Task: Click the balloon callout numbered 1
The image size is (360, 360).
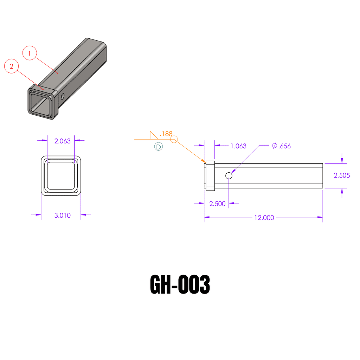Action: click(30, 53)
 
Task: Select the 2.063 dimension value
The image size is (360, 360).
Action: click(62, 141)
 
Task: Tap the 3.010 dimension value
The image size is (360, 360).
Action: click(62, 215)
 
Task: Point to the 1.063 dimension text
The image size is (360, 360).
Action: click(238, 146)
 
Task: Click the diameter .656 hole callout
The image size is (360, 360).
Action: click(282, 146)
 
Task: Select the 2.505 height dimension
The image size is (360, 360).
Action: click(342, 175)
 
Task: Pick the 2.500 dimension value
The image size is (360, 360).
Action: click(217, 204)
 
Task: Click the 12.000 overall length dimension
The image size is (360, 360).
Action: click(264, 218)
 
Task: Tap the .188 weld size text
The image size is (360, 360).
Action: click(166, 134)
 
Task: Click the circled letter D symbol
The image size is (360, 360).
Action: click(159, 147)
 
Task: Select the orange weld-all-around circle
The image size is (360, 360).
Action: click(174, 140)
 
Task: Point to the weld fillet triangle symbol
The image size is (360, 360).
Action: click(153, 135)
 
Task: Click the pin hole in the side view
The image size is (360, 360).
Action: click(229, 175)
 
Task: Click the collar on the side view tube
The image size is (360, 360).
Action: click(210, 176)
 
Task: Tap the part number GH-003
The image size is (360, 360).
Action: click(180, 285)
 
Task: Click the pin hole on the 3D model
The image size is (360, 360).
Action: click(62, 96)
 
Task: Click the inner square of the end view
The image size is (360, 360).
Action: click(61, 175)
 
